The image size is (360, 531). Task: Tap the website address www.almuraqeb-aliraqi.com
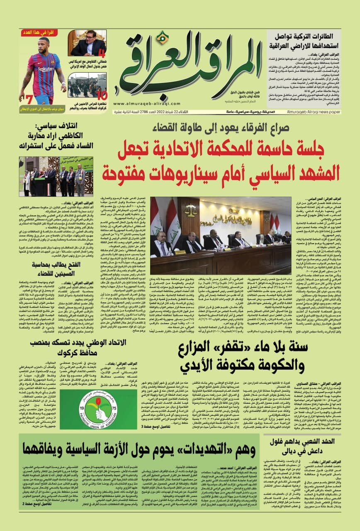coord(144,104)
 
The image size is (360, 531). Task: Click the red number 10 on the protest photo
coord(102,95)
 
